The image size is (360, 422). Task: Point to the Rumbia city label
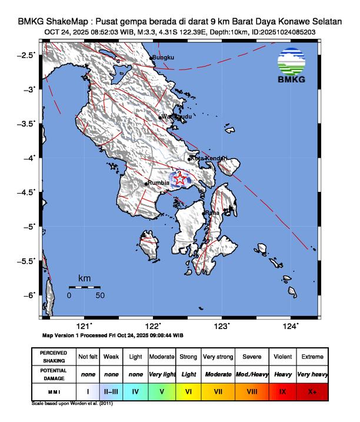click(x=158, y=183)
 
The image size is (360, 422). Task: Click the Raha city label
click(x=212, y=212)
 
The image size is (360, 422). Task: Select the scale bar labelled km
click(x=84, y=287)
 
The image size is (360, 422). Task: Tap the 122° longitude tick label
click(x=153, y=326)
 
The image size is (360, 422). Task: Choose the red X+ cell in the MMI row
click(x=311, y=390)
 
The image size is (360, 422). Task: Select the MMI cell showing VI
click(x=188, y=390)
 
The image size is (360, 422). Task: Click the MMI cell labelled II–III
click(x=111, y=390)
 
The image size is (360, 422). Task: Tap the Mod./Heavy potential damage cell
click(x=252, y=374)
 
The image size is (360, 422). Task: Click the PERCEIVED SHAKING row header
click(x=54, y=357)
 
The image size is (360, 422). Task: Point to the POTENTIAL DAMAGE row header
click(x=54, y=374)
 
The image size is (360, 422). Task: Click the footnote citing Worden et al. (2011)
click(x=72, y=404)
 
